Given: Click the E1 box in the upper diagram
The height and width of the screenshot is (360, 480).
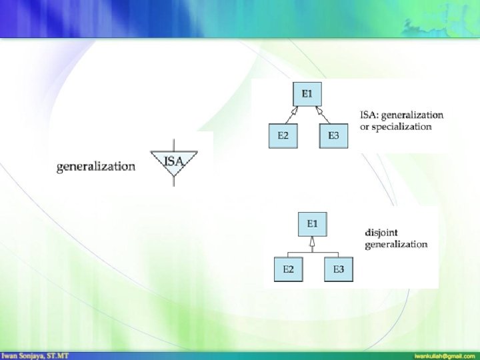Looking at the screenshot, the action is pos(306,94).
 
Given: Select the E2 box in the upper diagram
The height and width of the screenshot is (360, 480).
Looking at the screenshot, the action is pos(283,135).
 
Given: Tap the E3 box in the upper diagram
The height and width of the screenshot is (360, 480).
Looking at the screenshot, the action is pos(333,135).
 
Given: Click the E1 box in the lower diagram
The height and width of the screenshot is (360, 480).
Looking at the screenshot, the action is pos(312,223).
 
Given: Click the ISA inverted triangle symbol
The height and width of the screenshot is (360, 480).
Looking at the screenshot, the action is pos(173,163).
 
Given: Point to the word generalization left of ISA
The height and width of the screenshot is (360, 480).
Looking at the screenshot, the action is pos(96,166).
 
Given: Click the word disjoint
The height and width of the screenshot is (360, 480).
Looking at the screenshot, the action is pos(381,233).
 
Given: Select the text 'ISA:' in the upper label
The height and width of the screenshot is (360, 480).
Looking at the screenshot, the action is pos(370,115).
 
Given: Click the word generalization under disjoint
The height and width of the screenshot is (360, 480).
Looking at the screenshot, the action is pos(396,244).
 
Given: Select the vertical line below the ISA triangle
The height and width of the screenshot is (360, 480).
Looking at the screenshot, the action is pos(173,181).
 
